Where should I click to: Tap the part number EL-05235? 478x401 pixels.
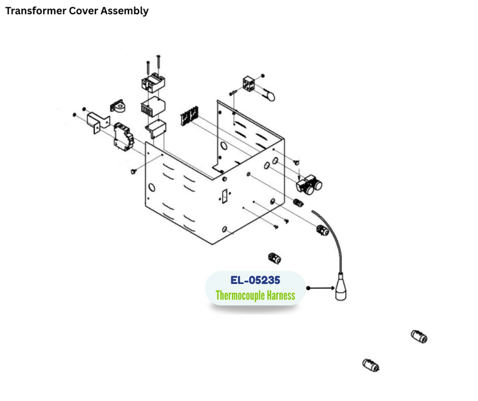pyautogui.click(x=255, y=280)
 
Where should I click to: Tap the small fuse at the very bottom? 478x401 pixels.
pyautogui.click(x=370, y=365)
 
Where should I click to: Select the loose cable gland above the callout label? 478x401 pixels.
pyautogui.click(x=275, y=258)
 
